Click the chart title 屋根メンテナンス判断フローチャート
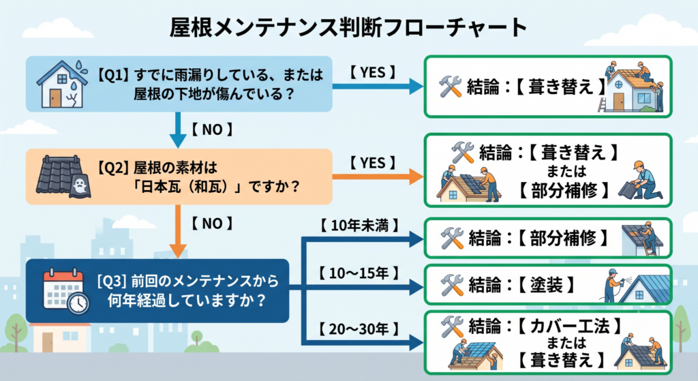click(348, 27)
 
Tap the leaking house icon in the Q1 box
click(62, 84)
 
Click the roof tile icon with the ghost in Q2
click(63, 177)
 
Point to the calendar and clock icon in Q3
click(66, 291)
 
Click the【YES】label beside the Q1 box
click(373, 72)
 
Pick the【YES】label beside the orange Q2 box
click(373, 163)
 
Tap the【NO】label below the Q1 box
click(212, 129)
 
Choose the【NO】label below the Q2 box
click(212, 223)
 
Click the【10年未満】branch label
click(359, 225)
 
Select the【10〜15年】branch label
click(359, 273)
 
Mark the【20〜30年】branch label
click(359, 329)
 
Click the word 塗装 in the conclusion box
click(547, 285)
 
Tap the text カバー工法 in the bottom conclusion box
click(569, 326)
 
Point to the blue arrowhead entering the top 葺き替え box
click(416, 87)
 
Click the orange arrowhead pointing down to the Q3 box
click(178, 251)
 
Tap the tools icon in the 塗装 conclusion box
click(453, 285)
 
